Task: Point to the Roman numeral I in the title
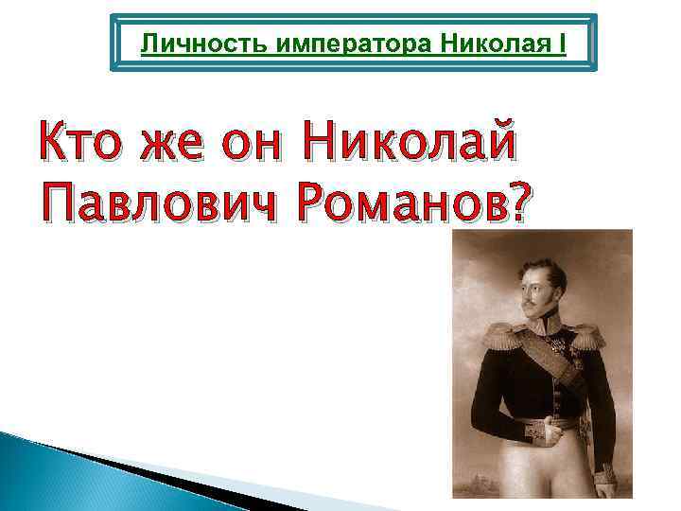[x=562, y=44]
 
